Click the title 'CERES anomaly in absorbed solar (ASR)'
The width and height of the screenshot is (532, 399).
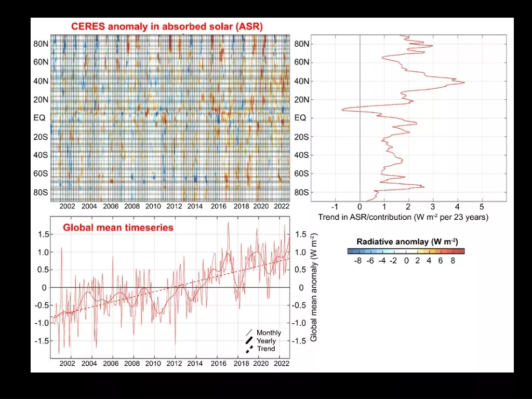coord(167,26)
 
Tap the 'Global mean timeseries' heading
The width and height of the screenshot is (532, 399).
coord(118,227)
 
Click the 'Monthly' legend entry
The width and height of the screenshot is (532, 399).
coord(269,332)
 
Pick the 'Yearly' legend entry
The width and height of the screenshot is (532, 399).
coord(266,341)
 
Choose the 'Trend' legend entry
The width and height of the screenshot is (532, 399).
coord(265,349)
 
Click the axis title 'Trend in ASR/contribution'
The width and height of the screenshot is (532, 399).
coord(403,217)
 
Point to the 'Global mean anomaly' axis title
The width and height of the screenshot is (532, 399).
coord(314,287)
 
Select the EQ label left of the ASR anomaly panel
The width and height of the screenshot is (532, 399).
coord(39,118)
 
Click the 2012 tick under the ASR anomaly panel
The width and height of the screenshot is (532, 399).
coord(174,206)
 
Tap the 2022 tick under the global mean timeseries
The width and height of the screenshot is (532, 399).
coord(281,364)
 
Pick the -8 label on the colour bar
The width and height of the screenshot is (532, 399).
coord(357,261)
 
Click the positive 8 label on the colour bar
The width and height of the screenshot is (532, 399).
coord(453,261)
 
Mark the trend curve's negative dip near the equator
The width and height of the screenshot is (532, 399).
coord(342,110)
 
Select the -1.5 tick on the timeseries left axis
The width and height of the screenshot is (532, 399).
coord(43,341)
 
